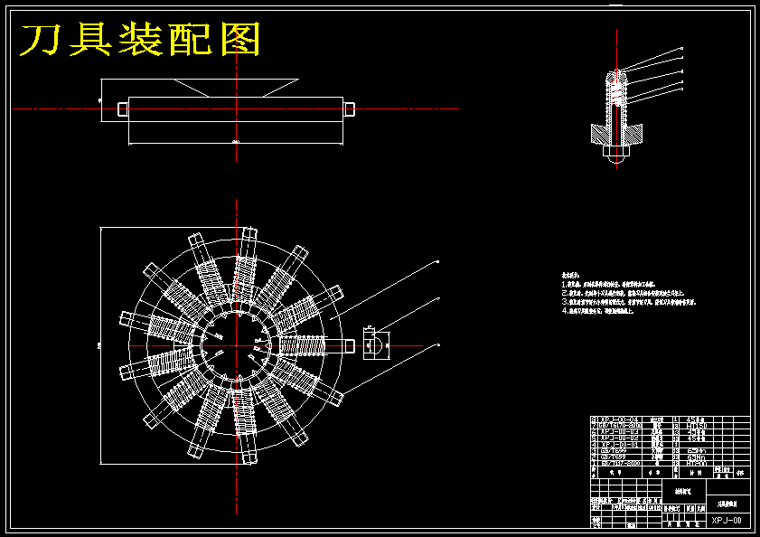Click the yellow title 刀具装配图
pos(141,40)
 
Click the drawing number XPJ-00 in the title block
pos(726,521)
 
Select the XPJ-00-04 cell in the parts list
pos(619,419)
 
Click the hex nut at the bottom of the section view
pos(616,151)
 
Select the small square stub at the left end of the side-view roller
pos(122,108)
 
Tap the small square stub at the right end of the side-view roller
pos(350,108)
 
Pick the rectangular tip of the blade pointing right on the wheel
pos(346,344)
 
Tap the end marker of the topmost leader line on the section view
pos(681,48)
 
